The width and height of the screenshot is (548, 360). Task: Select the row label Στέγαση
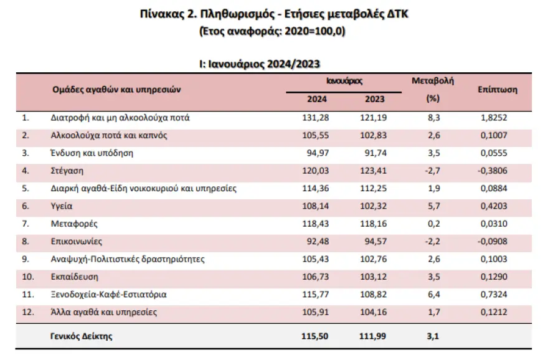pos(67,170)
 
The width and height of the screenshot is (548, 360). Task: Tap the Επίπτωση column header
pos(498,90)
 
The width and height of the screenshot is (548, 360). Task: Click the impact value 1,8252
pos(498,117)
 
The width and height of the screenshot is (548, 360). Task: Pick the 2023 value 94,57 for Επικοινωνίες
pos(372,241)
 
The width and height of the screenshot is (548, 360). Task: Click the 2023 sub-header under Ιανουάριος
pos(372,99)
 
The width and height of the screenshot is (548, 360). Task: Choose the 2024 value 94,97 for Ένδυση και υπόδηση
pos(317,153)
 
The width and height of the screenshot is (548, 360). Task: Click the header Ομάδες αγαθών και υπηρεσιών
pos(116,90)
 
